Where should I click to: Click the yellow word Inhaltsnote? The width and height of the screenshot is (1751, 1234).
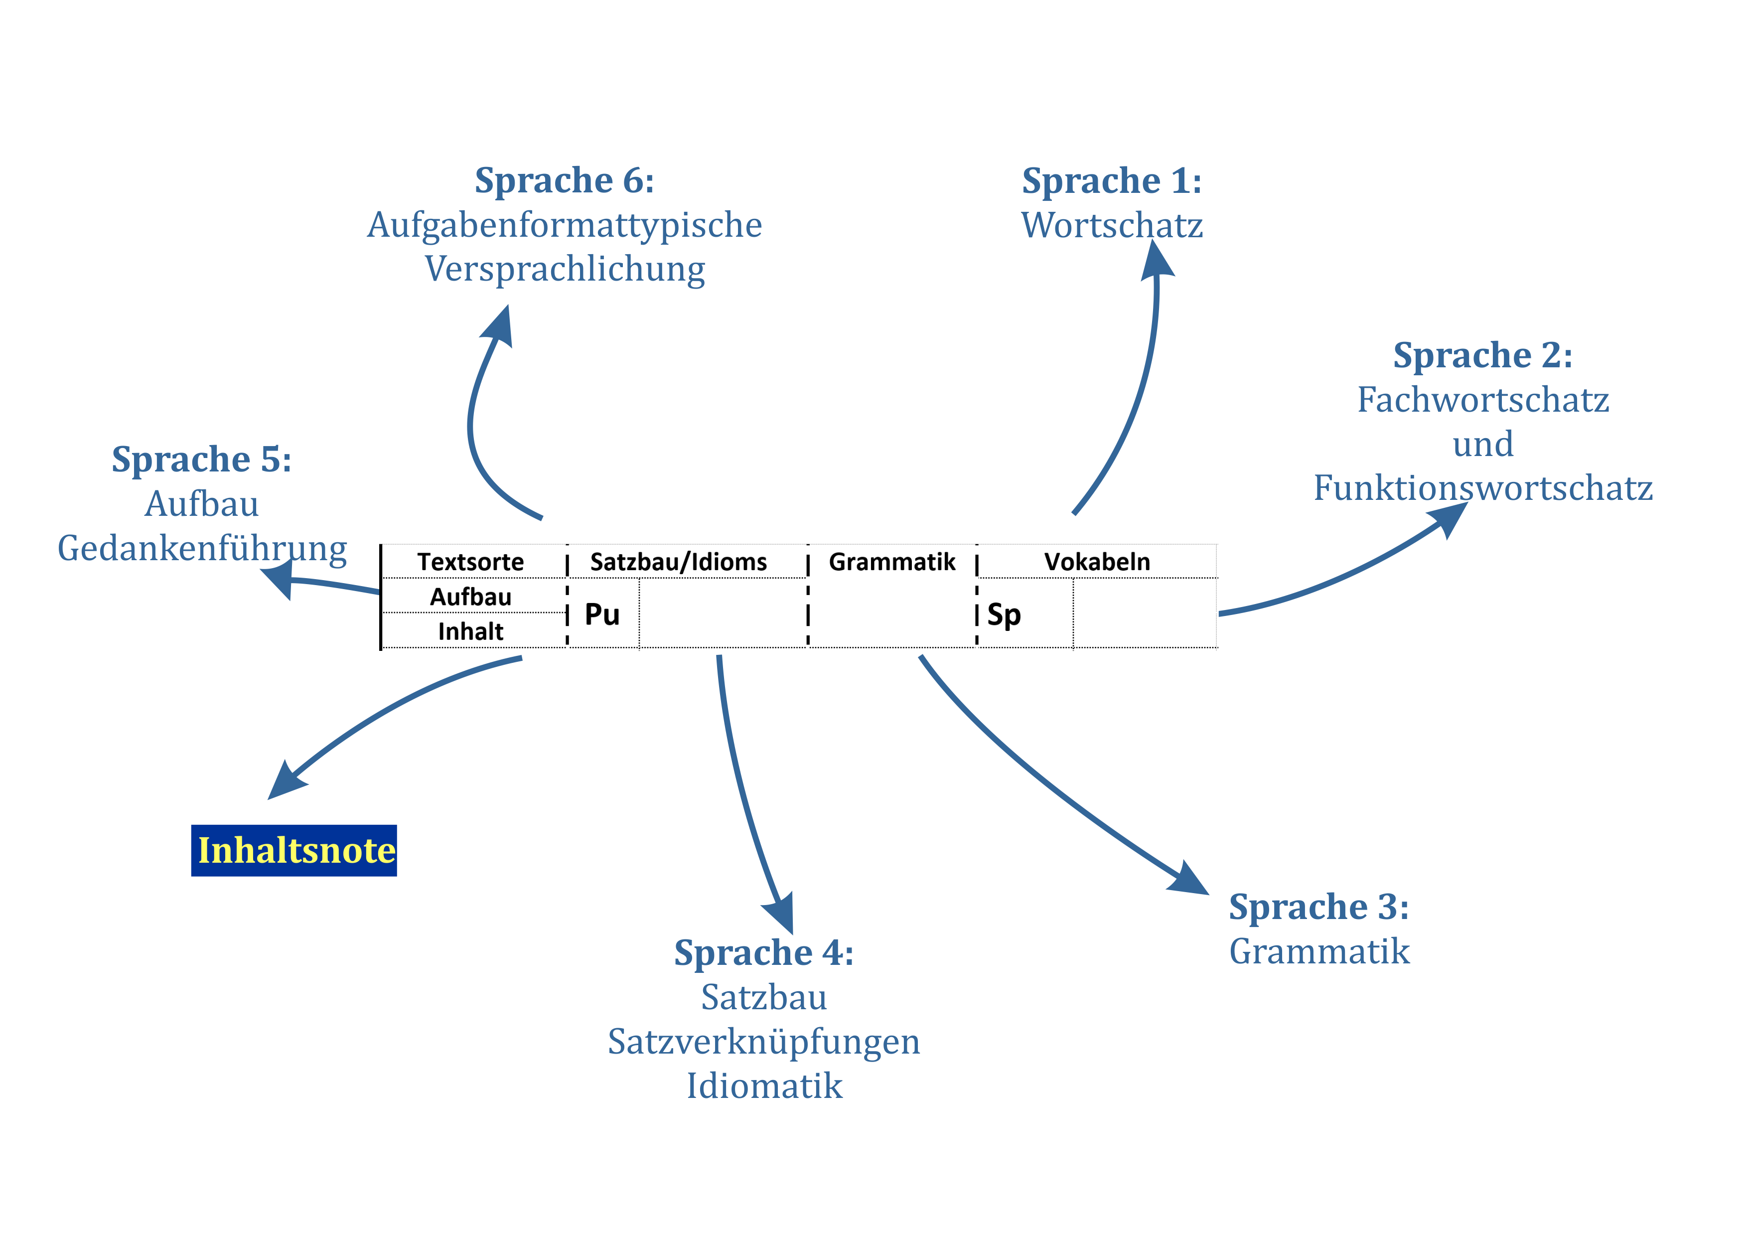pos(296,850)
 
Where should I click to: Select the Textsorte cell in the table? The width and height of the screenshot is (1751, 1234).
pos(470,562)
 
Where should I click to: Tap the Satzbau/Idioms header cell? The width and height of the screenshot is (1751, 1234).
pos(678,562)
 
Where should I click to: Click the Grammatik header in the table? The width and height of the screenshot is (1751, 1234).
pos(891,562)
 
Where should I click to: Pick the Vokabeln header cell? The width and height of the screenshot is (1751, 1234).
pos(1097,562)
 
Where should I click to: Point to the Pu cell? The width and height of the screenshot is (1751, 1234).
pos(602,615)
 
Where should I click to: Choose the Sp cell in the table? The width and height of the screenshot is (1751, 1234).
pos(1004,615)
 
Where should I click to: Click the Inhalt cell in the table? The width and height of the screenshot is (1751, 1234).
pos(470,631)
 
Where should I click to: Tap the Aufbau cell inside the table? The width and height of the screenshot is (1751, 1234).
pos(470,597)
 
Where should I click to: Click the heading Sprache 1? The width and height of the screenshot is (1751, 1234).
pos(1111,181)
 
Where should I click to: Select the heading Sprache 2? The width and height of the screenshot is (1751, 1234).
pos(1482,355)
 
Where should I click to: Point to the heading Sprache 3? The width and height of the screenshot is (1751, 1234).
pos(1318,908)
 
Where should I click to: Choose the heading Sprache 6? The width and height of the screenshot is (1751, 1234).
pos(565,181)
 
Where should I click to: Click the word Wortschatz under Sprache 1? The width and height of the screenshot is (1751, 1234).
pos(1112,226)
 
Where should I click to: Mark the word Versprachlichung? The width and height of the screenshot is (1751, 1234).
pos(565,269)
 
